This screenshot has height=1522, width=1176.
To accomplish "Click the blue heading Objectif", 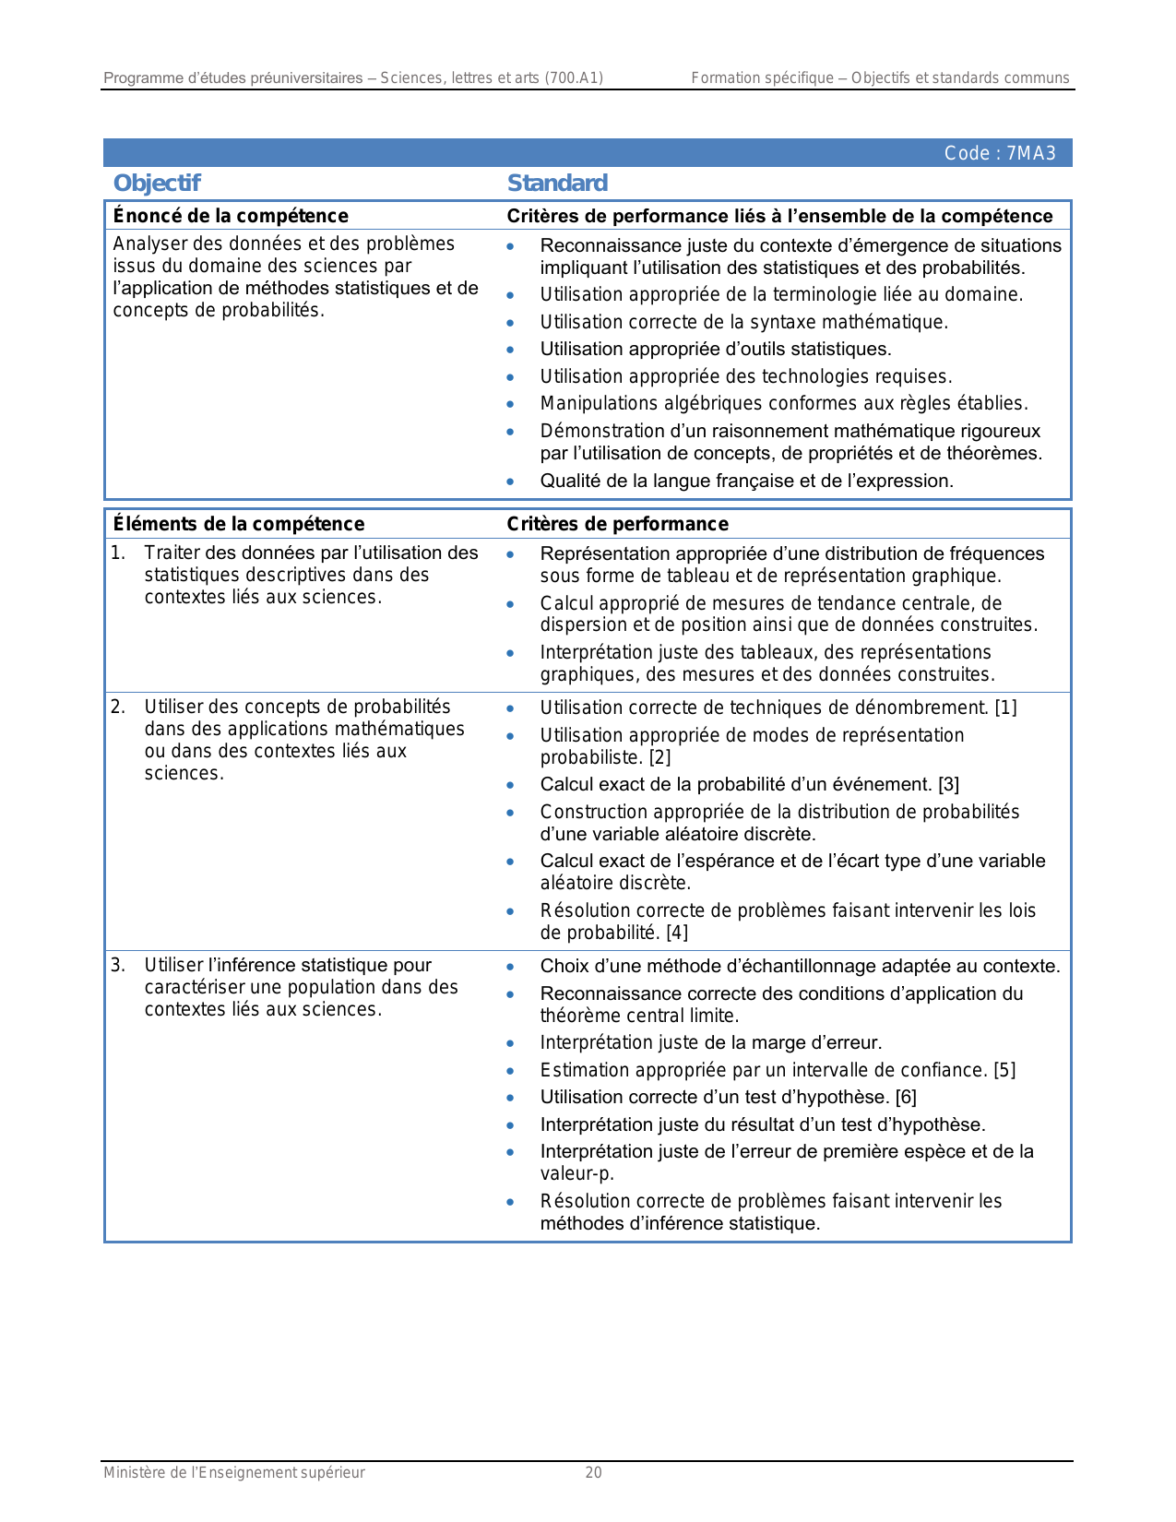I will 157,183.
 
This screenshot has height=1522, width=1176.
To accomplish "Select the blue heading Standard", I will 557,183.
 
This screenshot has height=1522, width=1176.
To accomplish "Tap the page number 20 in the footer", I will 593,1472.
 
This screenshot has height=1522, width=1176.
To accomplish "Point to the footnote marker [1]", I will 1005,707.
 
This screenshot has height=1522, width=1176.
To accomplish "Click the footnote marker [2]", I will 659,757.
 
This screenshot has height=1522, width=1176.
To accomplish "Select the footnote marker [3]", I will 948,784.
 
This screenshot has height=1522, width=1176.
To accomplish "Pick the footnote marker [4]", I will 677,933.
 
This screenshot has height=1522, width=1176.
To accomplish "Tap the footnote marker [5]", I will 1004,1070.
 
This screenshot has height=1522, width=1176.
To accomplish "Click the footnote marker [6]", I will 906,1097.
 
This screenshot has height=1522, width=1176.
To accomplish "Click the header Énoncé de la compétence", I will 231,216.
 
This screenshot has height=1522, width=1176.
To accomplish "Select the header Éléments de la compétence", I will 239,524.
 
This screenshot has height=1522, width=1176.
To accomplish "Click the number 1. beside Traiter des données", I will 117,553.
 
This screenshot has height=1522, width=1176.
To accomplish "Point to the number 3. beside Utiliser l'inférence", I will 117,965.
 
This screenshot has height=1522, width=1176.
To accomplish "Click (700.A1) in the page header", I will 574,77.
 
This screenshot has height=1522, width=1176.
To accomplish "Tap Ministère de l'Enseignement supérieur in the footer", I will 234,1472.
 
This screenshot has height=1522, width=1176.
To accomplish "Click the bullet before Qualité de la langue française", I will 510,482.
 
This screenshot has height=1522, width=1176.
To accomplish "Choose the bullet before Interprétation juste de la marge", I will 510,1043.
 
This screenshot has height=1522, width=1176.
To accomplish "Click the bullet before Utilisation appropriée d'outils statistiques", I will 510,350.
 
